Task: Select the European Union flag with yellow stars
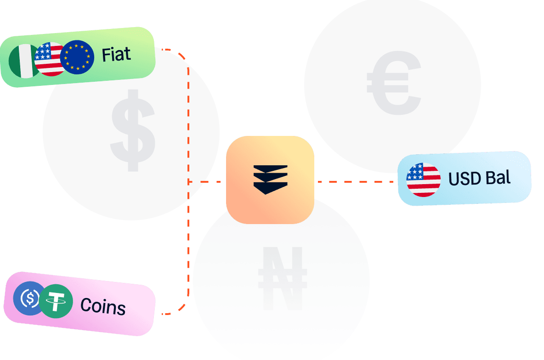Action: coord(77,57)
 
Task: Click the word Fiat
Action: coord(116,55)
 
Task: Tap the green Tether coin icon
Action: coord(56,301)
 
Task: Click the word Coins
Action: coord(103,306)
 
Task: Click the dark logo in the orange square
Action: coord(270,180)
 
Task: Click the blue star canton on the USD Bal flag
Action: coord(415,172)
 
